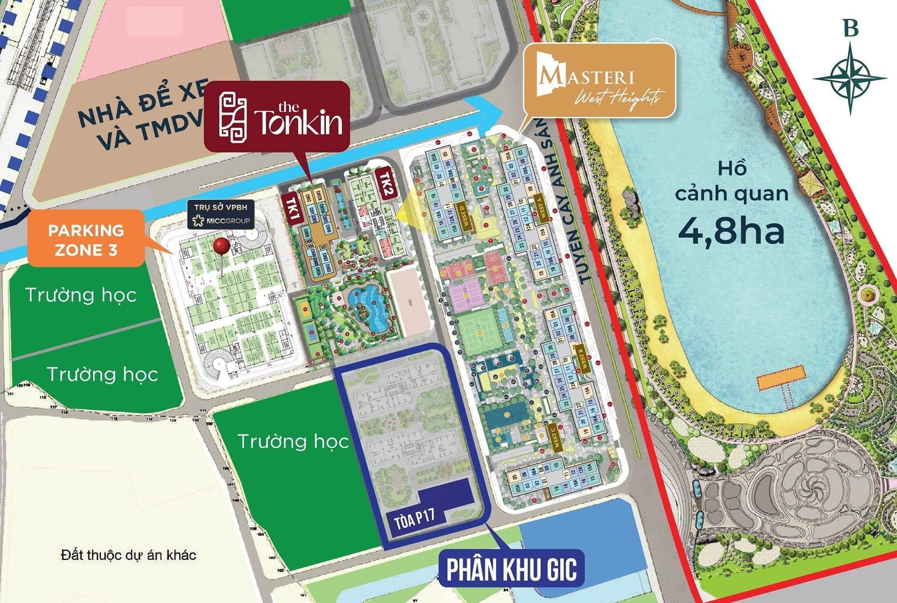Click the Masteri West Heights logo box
click(599, 81)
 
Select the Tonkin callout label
click(277, 117)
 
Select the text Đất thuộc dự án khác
click(128, 555)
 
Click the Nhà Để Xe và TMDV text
click(140, 118)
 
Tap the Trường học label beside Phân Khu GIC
click(293, 442)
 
